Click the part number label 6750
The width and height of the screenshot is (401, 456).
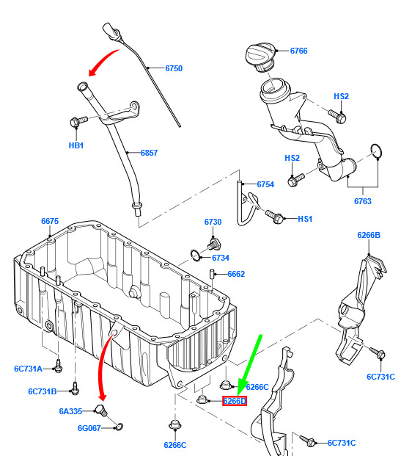click(x=174, y=68)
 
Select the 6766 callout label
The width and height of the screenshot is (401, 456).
click(x=298, y=51)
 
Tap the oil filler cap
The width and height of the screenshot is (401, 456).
click(x=260, y=57)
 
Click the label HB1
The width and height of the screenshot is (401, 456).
click(x=76, y=145)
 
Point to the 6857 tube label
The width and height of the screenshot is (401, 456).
click(x=149, y=153)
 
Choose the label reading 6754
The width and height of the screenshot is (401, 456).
click(x=265, y=184)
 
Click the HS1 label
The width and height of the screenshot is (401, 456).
click(x=305, y=219)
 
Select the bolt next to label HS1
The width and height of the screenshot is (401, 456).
click(x=274, y=217)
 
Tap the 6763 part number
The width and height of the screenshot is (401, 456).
click(x=362, y=201)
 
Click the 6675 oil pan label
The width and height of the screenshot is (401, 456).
click(x=50, y=221)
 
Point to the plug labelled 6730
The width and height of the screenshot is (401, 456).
click(x=214, y=244)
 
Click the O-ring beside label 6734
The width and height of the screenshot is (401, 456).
click(x=196, y=255)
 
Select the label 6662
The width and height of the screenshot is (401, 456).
click(x=236, y=274)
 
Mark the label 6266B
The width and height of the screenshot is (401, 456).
click(x=369, y=235)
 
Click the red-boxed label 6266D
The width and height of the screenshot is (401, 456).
click(x=235, y=402)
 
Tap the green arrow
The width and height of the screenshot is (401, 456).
click(x=250, y=366)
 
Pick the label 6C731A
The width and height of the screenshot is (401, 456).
click(x=28, y=369)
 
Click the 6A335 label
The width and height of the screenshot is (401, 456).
click(x=70, y=411)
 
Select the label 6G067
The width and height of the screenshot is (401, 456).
click(x=89, y=428)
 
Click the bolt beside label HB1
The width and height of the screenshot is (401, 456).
click(x=78, y=121)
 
